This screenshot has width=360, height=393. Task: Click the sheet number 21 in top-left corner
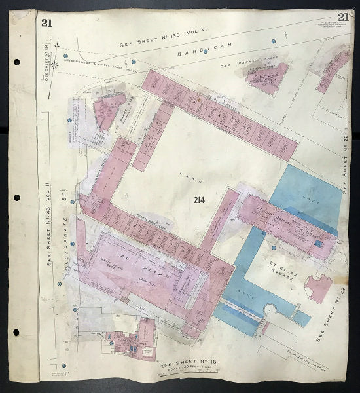(x=46, y=24)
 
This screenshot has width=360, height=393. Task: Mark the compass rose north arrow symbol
(x=59, y=63)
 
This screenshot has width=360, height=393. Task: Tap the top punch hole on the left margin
(x=16, y=63)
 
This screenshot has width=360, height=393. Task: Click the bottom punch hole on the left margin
(x=16, y=333)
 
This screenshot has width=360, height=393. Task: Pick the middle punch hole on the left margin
(x=16, y=198)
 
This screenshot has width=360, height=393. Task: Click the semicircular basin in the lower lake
(x=269, y=314)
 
